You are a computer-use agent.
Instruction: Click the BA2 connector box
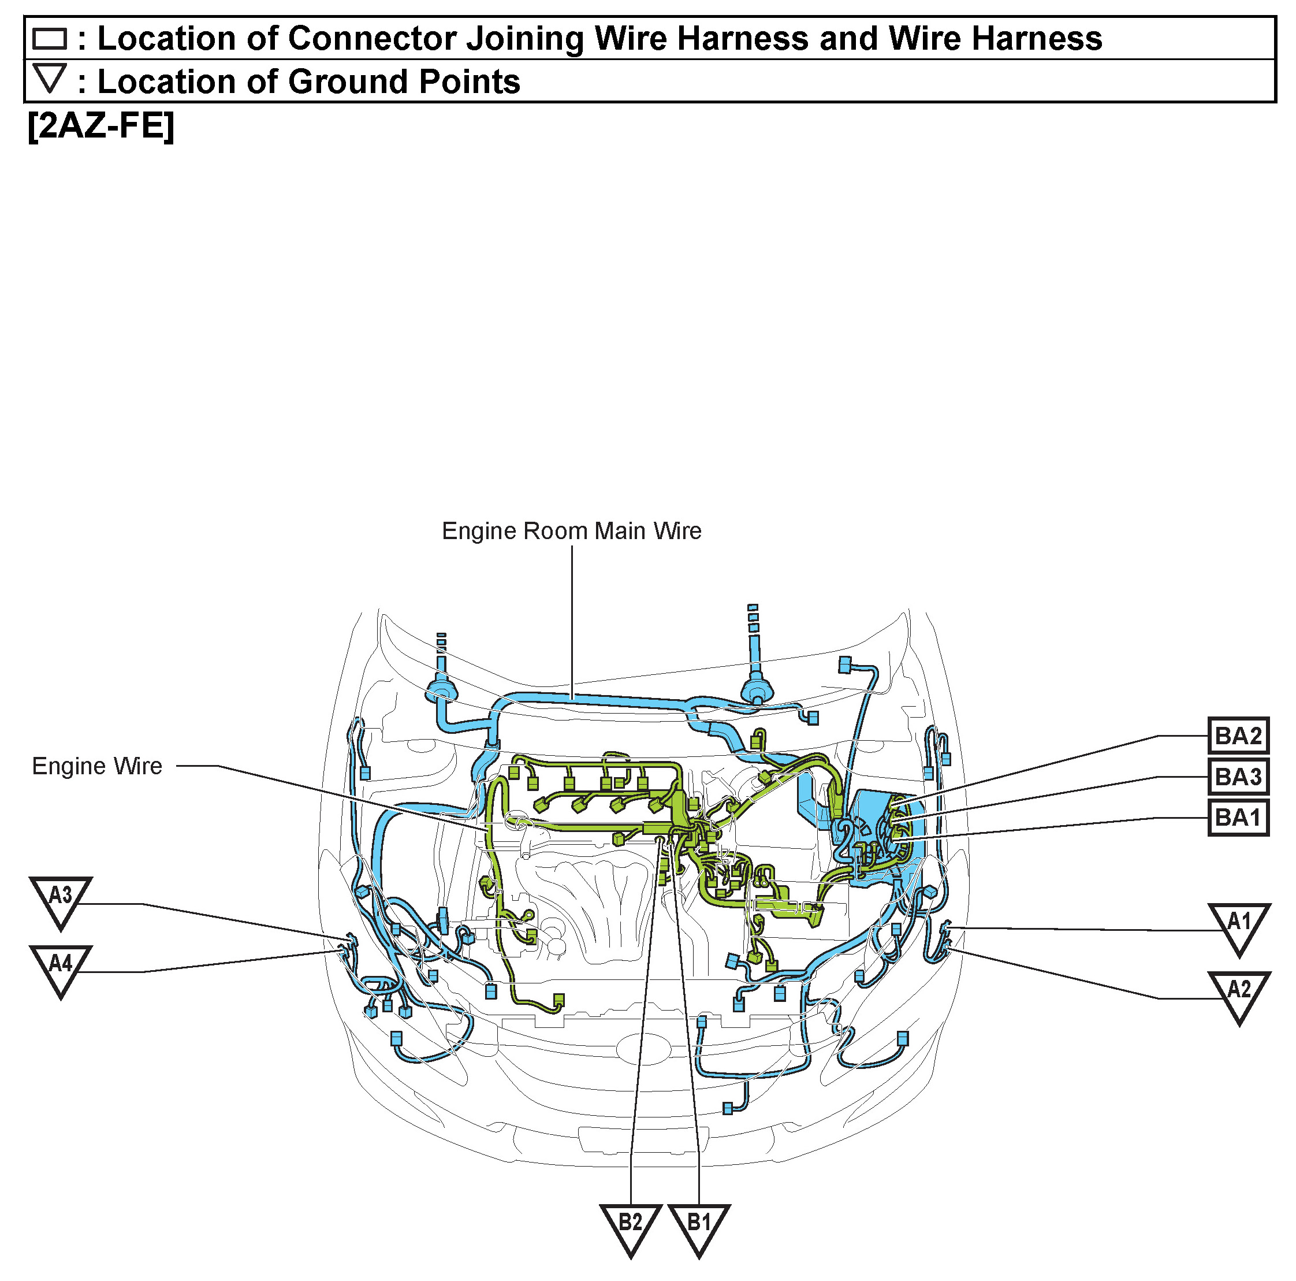(1238, 736)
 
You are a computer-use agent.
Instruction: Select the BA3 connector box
(1238, 777)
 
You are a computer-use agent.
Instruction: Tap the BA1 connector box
(1238, 818)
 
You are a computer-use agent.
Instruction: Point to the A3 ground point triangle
(61, 898)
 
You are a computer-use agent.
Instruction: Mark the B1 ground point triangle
(698, 1226)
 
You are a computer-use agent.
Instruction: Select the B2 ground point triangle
(630, 1226)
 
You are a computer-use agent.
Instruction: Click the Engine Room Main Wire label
(572, 531)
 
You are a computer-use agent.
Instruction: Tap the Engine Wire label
(97, 766)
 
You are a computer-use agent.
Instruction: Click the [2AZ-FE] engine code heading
(100, 125)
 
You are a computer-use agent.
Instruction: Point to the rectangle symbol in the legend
(50, 38)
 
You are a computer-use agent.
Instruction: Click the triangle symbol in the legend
(50, 78)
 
